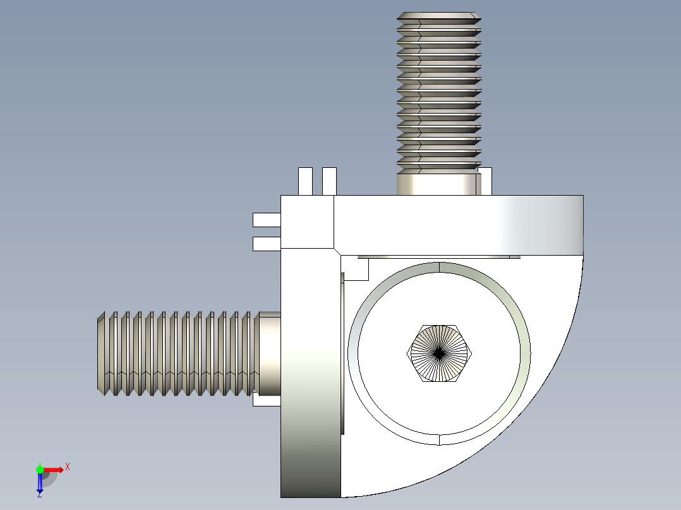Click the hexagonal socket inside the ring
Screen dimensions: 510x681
tap(439, 354)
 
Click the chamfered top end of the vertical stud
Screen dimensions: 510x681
tap(439, 16)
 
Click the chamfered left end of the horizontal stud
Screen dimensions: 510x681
tap(101, 353)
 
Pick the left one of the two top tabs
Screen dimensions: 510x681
tap(305, 181)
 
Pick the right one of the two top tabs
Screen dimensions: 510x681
tap(329, 181)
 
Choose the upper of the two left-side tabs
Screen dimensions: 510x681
tap(266, 220)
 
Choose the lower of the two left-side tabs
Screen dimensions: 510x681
tap(266, 244)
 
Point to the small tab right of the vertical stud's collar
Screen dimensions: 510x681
tap(486, 182)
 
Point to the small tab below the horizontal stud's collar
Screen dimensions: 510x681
tap(265, 400)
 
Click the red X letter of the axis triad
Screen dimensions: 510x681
tap(68, 466)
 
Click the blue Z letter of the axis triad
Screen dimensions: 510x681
tap(39, 495)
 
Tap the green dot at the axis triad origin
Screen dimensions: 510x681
tap(40, 469)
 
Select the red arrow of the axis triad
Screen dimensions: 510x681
tap(54, 469)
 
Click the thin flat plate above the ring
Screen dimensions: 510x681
tap(438, 256)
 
